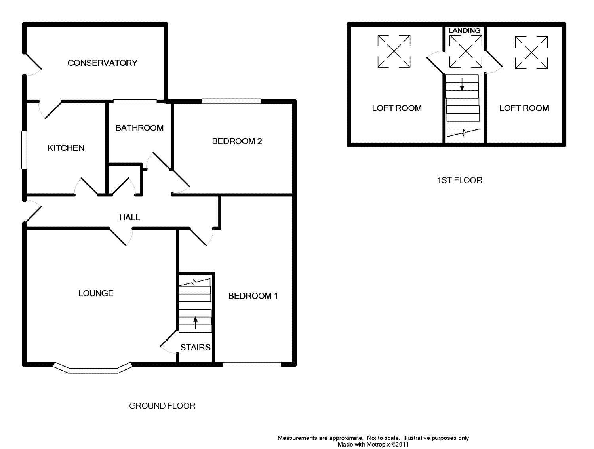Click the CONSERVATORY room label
tap(102, 63)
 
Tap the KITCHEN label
tap(66, 148)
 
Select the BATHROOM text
tap(139, 128)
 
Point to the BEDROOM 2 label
tap(237, 141)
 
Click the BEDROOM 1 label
tap(253, 296)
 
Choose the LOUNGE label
tap(96, 293)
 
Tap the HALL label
tap(129, 217)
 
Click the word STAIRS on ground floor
tap(195, 347)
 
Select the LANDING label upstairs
tap(465, 30)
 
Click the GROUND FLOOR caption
tap(162, 406)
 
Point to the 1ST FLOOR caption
tap(459, 180)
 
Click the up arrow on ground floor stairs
tap(195, 323)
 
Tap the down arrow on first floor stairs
tap(462, 84)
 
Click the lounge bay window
tap(93, 369)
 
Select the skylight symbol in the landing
tap(465, 51)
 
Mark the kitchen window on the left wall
tap(25, 150)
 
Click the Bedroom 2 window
tap(231, 101)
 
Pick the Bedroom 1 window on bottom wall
tap(252, 365)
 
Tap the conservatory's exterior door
tap(33, 61)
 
